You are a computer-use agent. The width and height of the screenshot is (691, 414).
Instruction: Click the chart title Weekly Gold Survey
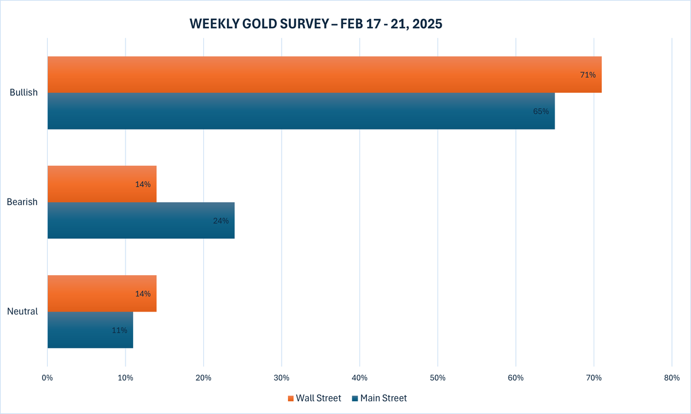tap(316, 24)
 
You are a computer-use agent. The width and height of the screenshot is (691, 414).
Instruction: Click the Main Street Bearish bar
tap(141, 221)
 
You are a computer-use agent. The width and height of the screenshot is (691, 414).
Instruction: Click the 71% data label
tap(587, 75)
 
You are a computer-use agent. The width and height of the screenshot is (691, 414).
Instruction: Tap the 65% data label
tap(541, 111)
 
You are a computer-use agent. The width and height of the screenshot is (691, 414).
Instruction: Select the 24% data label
tap(221, 221)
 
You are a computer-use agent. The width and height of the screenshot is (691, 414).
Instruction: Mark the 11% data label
tap(119, 330)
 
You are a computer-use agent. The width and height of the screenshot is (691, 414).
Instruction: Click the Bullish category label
tap(24, 93)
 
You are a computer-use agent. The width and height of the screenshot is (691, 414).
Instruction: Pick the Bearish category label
tap(22, 202)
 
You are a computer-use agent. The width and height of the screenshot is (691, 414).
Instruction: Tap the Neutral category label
tap(22, 312)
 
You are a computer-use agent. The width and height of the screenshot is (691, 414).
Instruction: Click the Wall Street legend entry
tap(314, 398)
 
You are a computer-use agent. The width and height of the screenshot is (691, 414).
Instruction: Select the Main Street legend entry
tap(379, 398)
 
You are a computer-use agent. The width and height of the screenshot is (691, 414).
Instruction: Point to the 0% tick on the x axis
tap(47, 378)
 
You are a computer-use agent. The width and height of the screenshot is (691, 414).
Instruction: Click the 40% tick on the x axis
tap(359, 378)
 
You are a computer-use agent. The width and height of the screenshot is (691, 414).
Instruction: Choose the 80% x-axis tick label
tap(671, 378)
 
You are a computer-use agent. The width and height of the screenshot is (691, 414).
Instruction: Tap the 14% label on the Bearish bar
tap(143, 184)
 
